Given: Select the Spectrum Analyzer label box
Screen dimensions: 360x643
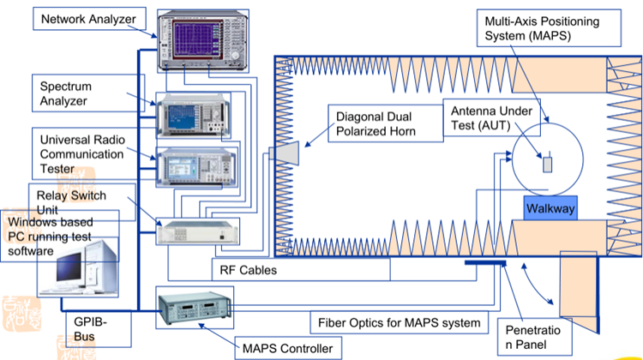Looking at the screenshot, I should click(74, 93).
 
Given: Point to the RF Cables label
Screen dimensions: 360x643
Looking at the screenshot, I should click(248, 269).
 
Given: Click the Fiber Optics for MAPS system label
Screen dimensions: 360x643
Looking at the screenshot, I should click(398, 324).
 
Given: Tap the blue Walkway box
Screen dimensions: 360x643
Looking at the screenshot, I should click(550, 208).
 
